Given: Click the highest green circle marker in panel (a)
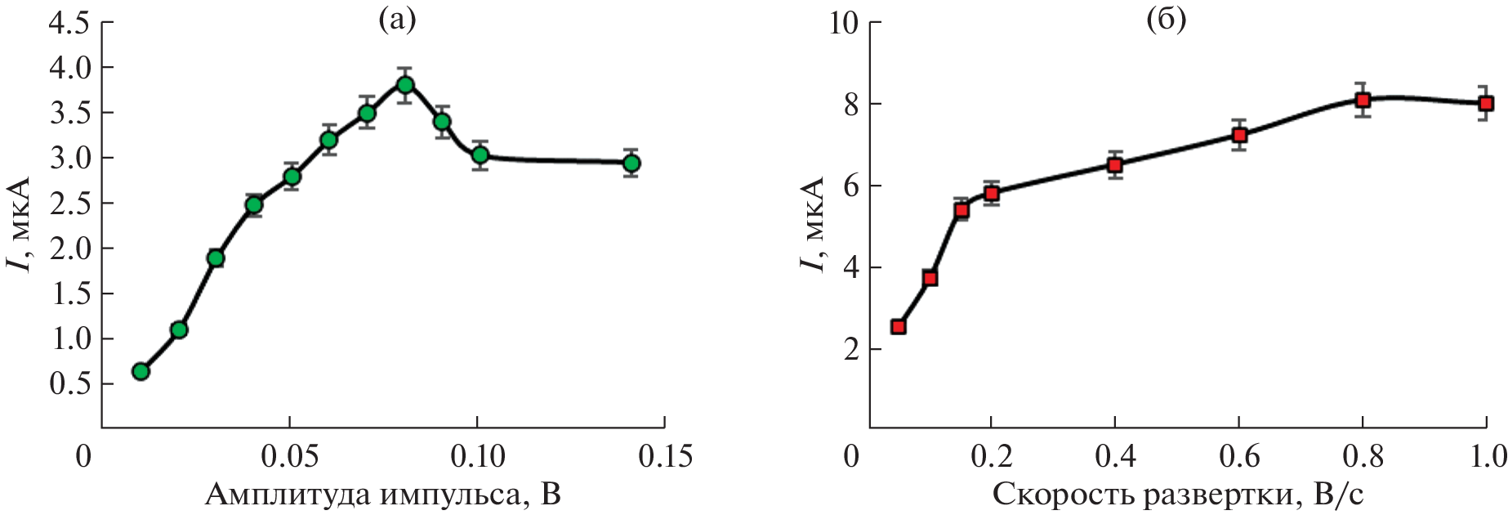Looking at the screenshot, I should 405,84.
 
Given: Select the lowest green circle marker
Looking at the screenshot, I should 141,371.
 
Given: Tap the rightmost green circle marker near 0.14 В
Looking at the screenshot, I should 631,163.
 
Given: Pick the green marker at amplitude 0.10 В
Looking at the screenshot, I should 480,154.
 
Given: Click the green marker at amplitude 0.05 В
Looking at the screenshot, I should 292,177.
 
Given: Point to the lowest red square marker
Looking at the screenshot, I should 899,327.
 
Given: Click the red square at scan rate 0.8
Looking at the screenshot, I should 1363,100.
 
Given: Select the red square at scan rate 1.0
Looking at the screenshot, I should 1486,103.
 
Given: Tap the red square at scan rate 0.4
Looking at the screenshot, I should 1115,165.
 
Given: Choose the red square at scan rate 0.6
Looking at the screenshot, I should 1239,135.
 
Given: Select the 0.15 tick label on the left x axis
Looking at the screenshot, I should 664,455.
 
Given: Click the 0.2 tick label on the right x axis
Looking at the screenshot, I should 991,455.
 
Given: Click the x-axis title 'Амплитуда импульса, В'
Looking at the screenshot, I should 382,495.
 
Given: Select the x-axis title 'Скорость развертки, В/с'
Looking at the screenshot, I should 1178,495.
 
